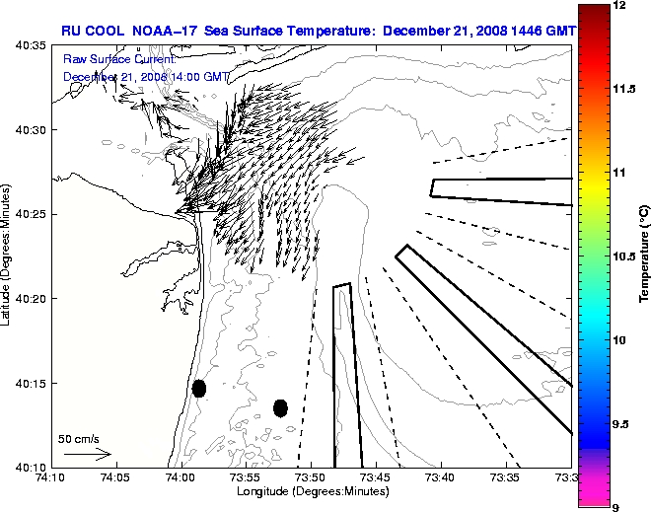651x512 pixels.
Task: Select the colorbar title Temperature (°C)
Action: [643, 256]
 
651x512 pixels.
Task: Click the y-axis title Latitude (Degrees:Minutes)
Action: [8, 256]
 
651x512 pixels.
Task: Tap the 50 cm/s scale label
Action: [79, 438]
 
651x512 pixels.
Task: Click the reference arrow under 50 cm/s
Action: [87, 455]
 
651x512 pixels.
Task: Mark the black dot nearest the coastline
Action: [199, 388]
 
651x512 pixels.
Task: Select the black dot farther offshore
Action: [280, 407]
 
